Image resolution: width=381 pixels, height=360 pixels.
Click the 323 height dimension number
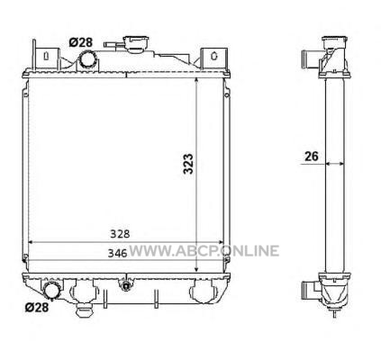(188, 164)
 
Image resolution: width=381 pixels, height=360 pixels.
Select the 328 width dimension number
(120, 234)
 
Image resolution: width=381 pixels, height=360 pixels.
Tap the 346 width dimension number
(118, 254)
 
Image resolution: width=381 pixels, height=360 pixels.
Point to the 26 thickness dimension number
(311, 157)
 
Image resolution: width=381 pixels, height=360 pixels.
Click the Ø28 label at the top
(80, 42)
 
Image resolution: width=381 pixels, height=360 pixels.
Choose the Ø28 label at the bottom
(37, 307)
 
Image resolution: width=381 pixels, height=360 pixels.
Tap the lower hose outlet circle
(52, 290)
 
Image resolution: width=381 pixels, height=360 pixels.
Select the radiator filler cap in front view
(137, 43)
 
